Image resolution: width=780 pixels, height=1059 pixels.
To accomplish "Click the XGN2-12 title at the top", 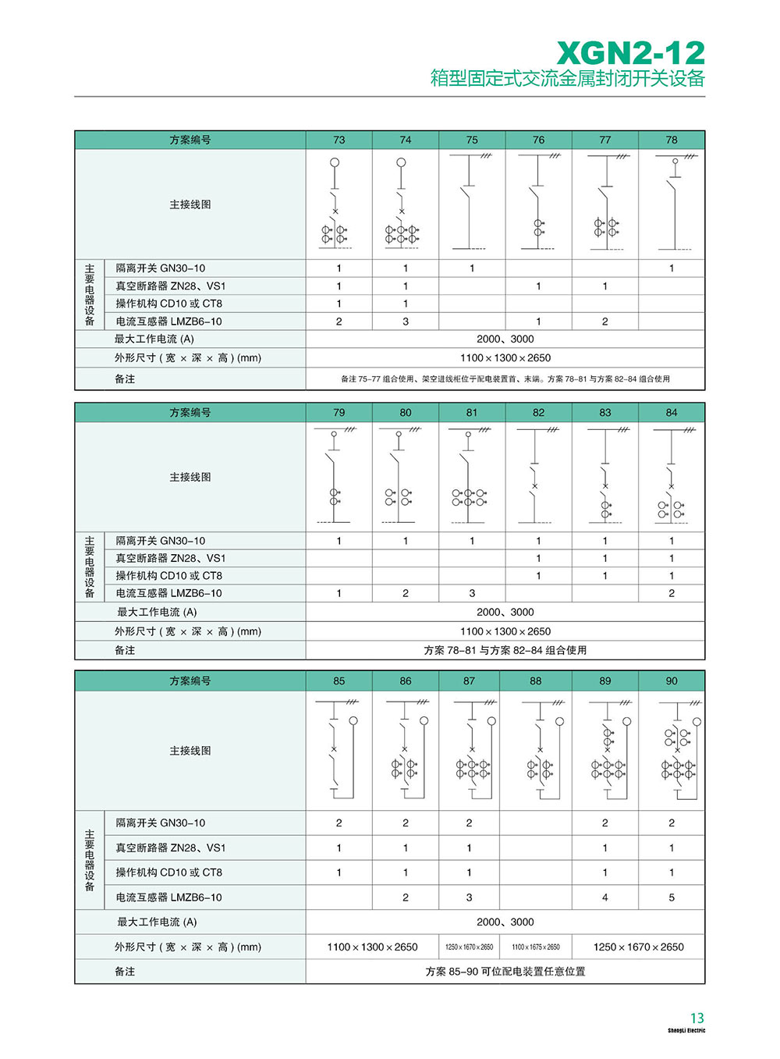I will (630, 53).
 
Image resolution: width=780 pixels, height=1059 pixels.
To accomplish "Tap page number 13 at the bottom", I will (697, 1018).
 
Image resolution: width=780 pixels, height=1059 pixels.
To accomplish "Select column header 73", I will (339, 140).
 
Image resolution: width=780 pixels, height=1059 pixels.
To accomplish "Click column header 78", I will (672, 140).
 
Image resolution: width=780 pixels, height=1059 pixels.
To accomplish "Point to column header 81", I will (472, 412).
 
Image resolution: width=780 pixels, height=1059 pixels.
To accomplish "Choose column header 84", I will (672, 412).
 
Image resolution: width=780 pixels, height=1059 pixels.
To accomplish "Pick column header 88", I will (536, 681).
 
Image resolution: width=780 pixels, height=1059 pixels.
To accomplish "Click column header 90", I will (672, 681).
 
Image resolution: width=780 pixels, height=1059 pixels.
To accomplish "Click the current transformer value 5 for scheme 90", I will (672, 897).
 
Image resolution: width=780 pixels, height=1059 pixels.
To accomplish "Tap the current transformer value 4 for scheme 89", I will (605, 897).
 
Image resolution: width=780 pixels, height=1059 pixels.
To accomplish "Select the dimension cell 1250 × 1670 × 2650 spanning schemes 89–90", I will (638, 947).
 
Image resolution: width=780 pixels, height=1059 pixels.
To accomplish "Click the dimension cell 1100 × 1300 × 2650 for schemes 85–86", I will (372, 947).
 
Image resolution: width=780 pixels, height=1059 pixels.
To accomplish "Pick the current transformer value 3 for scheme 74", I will (406, 322).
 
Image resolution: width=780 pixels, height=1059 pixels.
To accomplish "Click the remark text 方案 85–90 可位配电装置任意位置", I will (505, 972).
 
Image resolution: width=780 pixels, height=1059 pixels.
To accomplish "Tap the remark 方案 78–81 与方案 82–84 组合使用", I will (505, 650).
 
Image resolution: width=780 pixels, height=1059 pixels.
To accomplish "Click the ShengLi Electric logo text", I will (686, 1031).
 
